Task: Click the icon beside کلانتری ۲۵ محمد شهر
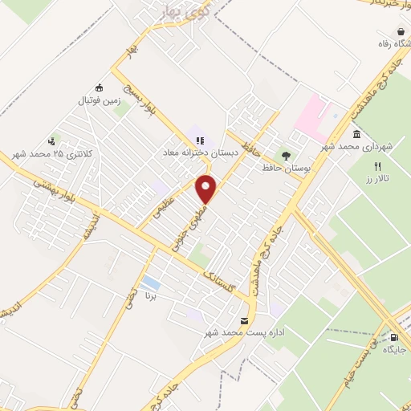[54, 140]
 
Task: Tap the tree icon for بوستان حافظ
[283, 154]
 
